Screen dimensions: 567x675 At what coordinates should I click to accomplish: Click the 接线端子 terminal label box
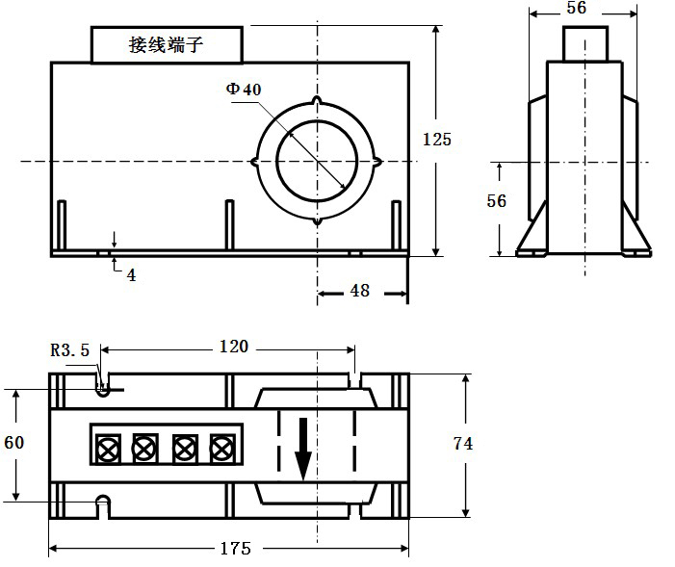167,44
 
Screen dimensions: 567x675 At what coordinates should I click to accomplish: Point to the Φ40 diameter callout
244,90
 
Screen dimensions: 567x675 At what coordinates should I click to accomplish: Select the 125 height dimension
436,140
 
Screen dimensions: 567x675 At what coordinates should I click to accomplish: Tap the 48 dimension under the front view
359,290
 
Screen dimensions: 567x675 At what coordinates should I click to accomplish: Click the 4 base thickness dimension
131,274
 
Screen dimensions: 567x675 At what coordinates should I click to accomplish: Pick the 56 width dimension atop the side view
577,8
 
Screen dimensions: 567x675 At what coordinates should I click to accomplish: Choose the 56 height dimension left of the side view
497,201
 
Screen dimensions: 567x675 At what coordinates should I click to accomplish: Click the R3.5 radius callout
70,350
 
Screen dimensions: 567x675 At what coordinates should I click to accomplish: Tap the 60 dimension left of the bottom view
14,443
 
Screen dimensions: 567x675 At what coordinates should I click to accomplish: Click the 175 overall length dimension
232,549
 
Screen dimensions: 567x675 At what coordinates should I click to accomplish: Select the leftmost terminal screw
107,447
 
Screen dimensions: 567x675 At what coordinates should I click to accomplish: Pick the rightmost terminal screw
222,447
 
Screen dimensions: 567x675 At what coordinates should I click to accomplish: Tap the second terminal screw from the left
144,447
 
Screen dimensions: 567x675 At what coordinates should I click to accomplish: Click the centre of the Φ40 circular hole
318,161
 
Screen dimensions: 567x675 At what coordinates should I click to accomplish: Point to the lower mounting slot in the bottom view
102,503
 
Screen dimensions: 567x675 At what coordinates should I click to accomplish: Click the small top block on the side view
585,43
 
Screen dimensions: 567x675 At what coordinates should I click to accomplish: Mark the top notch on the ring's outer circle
318,101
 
